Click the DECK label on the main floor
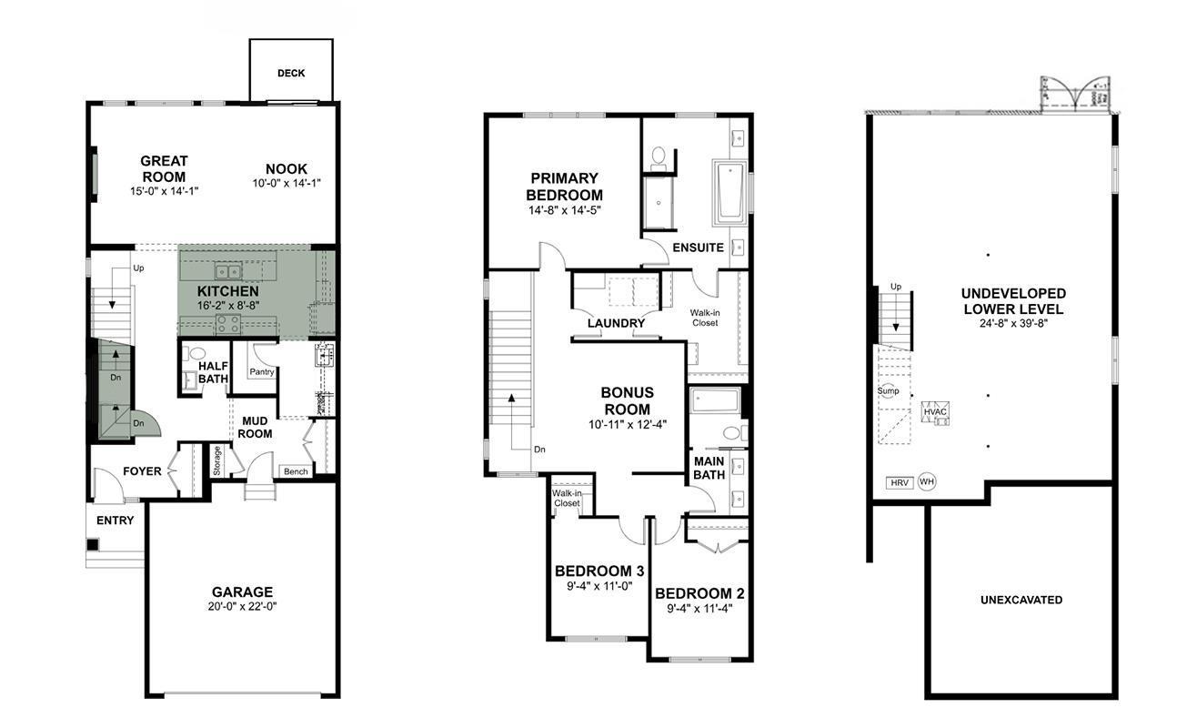coord(291,73)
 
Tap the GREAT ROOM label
coord(164,169)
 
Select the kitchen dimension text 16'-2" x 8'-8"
coord(228,306)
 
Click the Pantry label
coord(262,372)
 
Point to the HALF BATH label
coord(213,372)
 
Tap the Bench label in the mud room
coord(296,471)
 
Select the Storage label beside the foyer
coord(217,460)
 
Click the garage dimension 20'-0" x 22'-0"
coord(242,606)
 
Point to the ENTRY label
coord(115,521)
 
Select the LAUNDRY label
coord(616,323)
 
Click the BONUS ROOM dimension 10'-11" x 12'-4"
coord(627,424)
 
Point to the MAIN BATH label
coord(709,468)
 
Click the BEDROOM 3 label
coord(599,571)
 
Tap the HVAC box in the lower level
coord(935,412)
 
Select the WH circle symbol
coord(926,482)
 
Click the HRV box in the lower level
coord(899,482)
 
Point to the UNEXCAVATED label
coord(1021,600)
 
